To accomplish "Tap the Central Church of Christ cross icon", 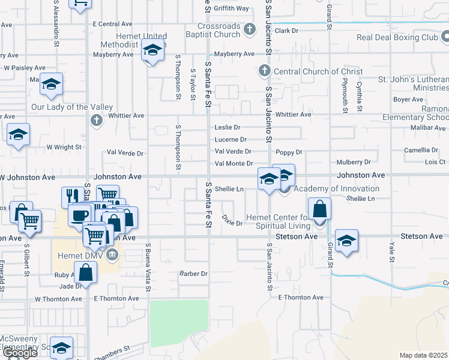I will [264, 71].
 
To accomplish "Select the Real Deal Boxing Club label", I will [397, 37].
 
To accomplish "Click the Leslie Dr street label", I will [228, 127].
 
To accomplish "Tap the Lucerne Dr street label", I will [231, 140].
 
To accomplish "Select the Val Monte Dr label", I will [234, 163].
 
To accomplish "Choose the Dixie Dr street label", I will [231, 220].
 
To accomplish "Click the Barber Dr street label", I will [193, 274].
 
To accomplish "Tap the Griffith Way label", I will [234, 8].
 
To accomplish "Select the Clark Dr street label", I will [287, 31].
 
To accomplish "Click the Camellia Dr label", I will [420, 150].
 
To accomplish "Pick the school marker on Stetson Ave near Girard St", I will [346, 241].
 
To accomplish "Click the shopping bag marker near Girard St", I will [321, 209].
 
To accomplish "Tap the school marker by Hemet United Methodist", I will [152, 50].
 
